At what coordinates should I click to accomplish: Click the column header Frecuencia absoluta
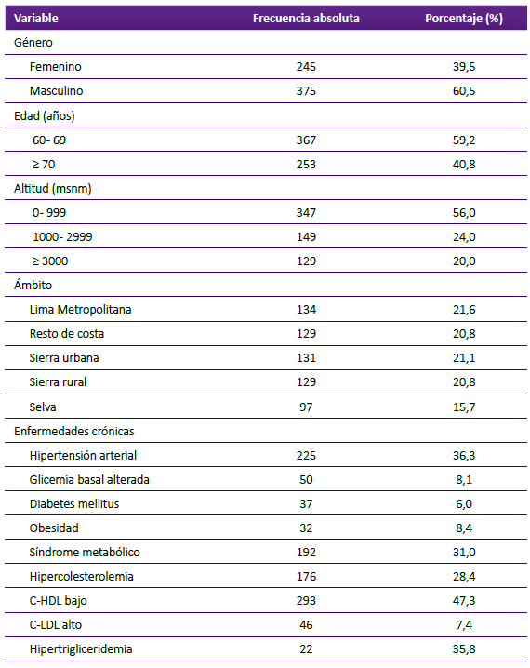coord(306,19)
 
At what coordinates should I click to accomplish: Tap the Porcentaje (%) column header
coord(464,19)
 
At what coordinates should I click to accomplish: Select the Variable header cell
coord(36,19)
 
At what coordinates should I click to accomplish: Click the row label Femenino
coord(56,67)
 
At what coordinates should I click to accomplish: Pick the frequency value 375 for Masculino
coord(306,91)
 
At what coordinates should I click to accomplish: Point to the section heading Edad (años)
coord(45,116)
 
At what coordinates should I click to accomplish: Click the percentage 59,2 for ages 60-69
coord(464,140)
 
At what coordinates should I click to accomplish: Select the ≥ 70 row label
coord(44,165)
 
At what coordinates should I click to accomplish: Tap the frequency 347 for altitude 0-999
coord(306,212)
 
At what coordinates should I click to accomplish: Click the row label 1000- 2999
coord(62,237)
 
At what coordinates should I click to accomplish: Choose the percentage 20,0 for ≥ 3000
coord(464,261)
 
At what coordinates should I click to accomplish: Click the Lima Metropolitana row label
coord(81,309)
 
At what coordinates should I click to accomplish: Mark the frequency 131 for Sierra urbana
coord(306,358)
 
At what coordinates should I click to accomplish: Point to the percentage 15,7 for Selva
coord(464,407)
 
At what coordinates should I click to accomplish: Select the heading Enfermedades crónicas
coord(74,431)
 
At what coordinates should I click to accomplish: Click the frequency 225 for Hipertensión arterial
coord(306,456)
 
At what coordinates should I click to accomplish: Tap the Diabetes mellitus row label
coord(74,504)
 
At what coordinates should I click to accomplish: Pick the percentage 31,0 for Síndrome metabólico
coord(464,553)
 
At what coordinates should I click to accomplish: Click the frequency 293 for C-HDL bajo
coord(306,601)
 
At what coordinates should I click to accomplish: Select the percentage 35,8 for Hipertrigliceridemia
coord(464,649)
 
